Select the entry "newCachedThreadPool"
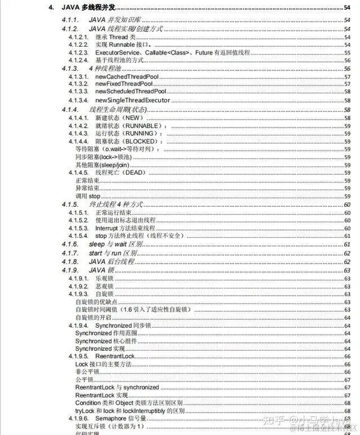(127, 76)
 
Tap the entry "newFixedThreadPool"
(124, 84)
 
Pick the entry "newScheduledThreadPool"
(130, 92)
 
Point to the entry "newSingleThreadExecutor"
(132, 100)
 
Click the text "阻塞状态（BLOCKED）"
(125, 142)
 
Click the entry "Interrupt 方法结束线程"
(125, 228)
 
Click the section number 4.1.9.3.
(78, 294)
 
